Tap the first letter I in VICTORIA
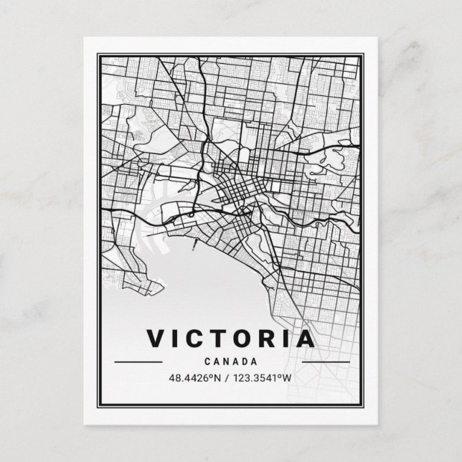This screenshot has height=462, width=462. click(177, 338)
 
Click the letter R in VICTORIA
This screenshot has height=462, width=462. click(270, 338)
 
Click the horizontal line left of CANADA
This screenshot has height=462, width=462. click(138, 362)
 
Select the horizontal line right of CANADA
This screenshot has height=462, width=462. click(325, 362)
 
